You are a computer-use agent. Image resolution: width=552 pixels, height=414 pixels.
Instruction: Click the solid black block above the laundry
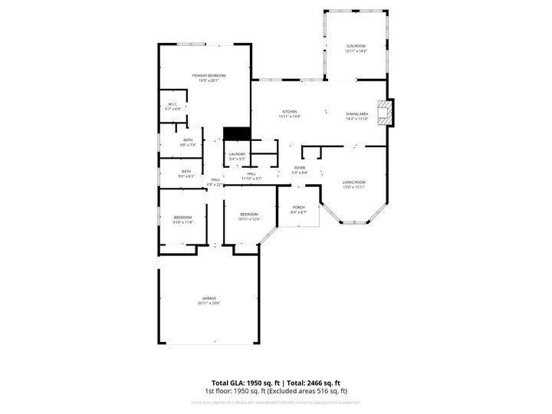point(237,133)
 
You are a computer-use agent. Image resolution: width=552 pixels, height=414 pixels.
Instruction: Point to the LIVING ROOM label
point(353,182)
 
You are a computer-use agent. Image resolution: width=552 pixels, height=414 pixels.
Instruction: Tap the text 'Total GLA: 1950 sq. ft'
point(245,383)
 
